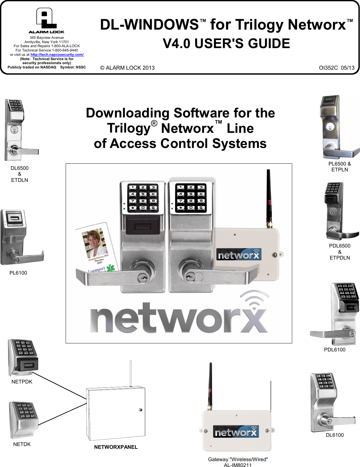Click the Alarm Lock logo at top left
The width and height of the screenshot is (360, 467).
tap(46, 20)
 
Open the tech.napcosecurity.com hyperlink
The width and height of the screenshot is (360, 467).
tap(57, 55)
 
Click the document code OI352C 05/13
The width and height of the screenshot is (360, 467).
tap(337, 68)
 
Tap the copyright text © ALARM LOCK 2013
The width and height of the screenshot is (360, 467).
tap(127, 68)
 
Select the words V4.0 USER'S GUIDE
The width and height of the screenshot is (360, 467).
tap(226, 43)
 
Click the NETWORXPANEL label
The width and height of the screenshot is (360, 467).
tap(116, 447)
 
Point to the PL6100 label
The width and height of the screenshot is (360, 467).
tap(18, 273)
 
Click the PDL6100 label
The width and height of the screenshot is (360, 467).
tap(334, 350)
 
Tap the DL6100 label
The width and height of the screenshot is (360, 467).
tap(334, 435)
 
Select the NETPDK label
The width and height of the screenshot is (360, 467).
tap(22, 382)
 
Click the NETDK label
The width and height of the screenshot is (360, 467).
tap(22, 444)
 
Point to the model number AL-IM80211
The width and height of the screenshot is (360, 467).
tap(238, 465)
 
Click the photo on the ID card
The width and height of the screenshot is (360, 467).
tap(94, 244)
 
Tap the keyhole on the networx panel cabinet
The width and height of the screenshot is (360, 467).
tap(141, 410)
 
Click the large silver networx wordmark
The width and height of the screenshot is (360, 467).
tap(179, 317)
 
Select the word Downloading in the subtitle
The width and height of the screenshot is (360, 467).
tap(127, 113)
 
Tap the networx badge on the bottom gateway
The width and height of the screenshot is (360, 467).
tap(236, 432)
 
